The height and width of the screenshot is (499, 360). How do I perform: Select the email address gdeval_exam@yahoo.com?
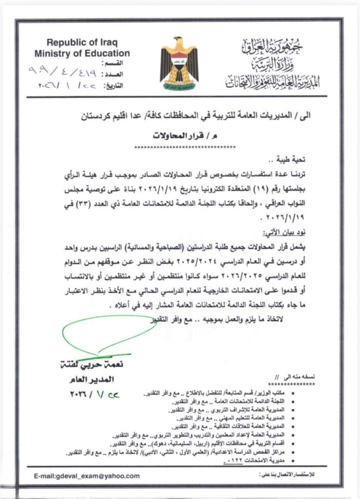[x=87, y=476]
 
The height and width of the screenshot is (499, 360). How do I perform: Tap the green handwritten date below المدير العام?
[x=96, y=393]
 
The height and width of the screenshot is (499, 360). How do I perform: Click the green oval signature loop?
[x=107, y=336]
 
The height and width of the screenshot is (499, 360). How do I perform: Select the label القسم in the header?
[x=119, y=64]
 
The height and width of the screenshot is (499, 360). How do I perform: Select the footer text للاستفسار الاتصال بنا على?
[x=290, y=476]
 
